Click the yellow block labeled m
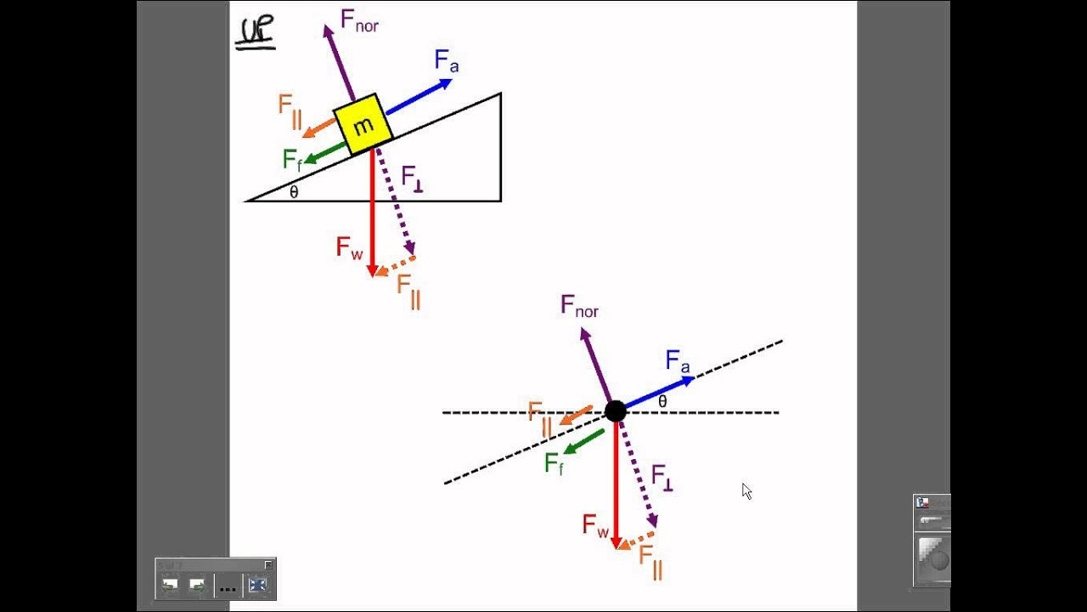(363, 124)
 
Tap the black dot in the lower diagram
(616, 411)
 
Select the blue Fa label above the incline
(447, 61)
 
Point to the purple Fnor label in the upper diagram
(359, 21)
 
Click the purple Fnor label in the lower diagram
(579, 307)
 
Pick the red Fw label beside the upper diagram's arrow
(349, 247)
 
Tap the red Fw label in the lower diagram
(595, 526)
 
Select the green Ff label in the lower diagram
(555, 463)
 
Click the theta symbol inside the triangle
(294, 192)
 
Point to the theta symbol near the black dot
(662, 402)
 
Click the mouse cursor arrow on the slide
(746, 491)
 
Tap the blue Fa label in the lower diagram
(678, 361)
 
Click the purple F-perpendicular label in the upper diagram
(413, 178)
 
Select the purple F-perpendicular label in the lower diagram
(662, 478)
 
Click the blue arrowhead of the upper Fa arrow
(446, 84)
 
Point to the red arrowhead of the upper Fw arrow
(372, 271)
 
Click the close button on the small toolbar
(268, 564)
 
